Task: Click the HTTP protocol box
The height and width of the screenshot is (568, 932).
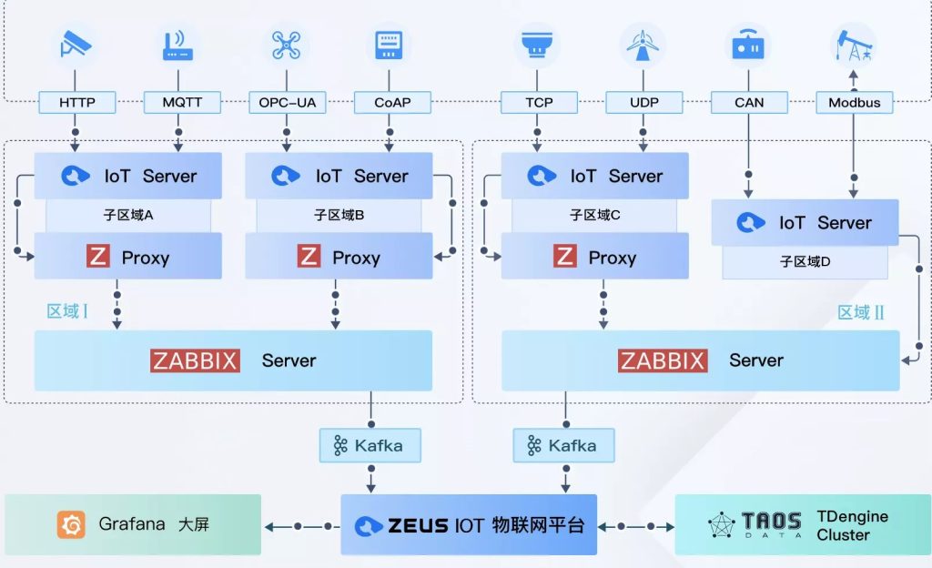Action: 77,102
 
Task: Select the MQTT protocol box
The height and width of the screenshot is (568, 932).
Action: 182,102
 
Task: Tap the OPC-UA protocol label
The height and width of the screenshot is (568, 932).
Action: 287,102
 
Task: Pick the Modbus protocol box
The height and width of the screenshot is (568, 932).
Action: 854,102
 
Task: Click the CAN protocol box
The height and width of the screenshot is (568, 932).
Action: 749,102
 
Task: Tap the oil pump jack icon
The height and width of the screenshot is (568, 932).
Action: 853,44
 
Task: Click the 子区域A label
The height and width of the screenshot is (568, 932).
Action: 127,216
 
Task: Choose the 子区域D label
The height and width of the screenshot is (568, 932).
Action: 805,261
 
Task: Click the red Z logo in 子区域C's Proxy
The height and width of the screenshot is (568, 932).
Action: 565,257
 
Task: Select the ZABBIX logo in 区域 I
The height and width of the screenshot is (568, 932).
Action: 195,360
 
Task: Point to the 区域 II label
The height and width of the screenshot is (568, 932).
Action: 861,313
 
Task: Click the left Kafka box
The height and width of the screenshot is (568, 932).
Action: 370,445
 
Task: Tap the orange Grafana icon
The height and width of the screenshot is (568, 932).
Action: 71,524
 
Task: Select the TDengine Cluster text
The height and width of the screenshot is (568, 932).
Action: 852,525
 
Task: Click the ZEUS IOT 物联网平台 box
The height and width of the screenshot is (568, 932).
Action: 469,524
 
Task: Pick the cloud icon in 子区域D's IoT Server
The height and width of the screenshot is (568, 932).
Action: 751,222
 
